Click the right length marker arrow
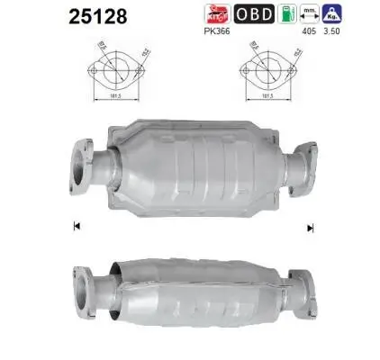311,226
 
